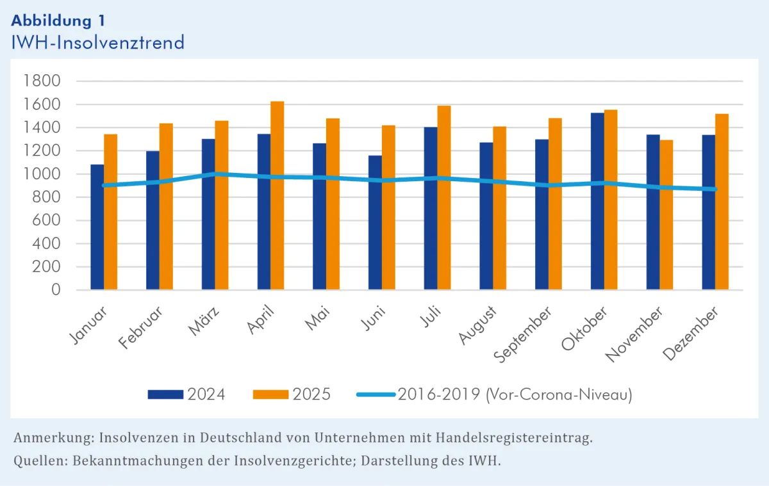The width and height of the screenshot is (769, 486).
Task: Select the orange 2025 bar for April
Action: coord(277,195)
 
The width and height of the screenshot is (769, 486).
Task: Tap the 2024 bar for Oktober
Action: coord(597,202)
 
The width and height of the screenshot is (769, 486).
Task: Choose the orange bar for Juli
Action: coord(443,198)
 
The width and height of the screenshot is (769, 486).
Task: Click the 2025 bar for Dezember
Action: coord(722,202)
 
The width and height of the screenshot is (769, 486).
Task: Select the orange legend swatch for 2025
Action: coord(271,394)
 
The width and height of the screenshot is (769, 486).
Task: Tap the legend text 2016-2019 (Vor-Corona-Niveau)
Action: coord(515,394)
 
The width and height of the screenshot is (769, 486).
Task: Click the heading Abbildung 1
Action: coord(58,19)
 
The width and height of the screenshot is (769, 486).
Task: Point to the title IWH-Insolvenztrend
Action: coord(98,42)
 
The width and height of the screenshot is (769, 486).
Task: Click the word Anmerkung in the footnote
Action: coord(51,439)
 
